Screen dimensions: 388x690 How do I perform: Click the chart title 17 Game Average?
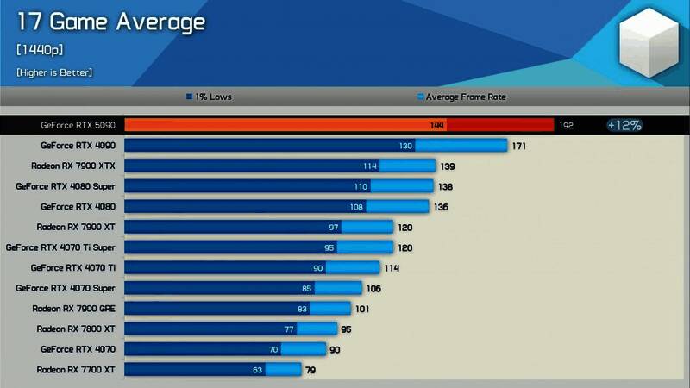110,22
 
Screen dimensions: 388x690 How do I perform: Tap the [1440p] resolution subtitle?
40,50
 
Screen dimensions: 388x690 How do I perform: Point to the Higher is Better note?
54,72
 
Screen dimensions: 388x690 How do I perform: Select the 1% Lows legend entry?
209,97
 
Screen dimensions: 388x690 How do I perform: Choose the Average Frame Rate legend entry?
461,97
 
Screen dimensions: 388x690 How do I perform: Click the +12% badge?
624,125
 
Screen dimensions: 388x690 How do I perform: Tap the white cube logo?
652,42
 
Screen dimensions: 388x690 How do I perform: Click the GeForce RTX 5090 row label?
78,125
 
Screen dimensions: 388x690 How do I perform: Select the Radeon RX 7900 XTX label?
72,166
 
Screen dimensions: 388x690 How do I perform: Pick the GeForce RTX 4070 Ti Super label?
60,247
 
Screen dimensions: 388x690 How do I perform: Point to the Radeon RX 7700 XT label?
75,370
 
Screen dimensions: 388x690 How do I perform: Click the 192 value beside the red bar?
566,125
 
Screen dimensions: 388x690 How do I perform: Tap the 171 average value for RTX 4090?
518,146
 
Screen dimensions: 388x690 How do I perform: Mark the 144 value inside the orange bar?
437,125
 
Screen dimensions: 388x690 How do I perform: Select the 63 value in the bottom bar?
257,370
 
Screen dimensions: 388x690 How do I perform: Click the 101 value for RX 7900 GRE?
362,309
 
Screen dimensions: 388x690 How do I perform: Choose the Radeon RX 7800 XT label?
75,329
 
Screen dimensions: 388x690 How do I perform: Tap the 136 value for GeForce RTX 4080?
441,207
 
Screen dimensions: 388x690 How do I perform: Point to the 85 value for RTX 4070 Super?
306,289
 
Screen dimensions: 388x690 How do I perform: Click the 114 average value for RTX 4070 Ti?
391,268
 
